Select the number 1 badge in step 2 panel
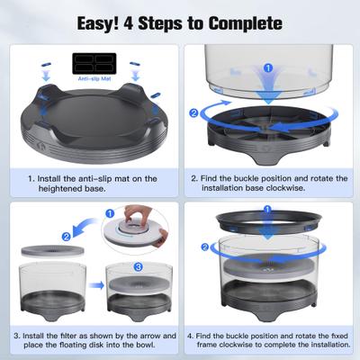click(267, 67)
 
